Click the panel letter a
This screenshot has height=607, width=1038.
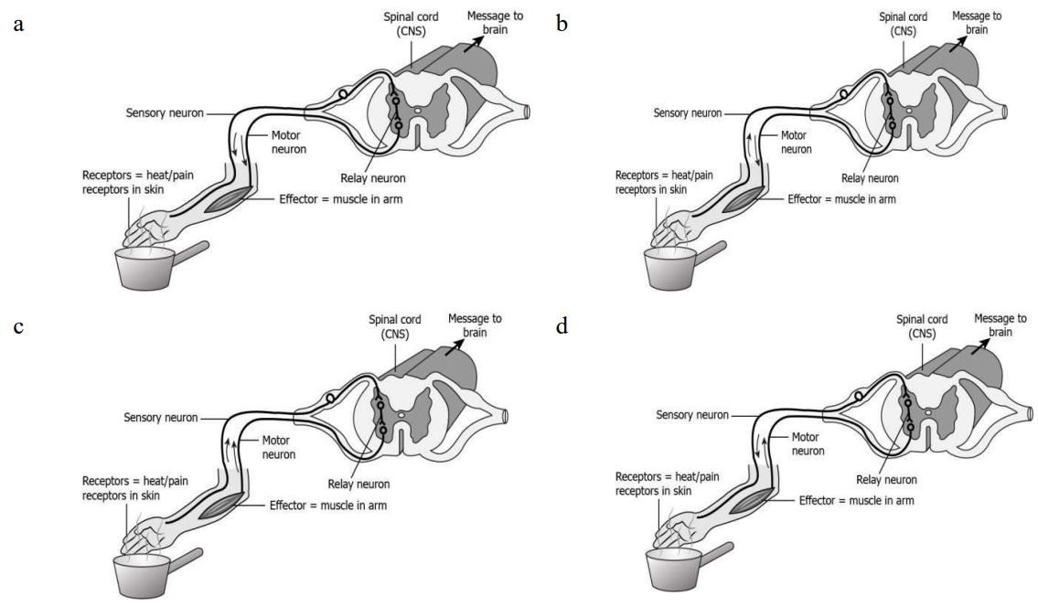(x=18, y=25)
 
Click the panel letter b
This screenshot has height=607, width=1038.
(x=562, y=25)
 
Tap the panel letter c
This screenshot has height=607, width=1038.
(x=18, y=326)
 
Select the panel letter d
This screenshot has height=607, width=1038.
(x=562, y=326)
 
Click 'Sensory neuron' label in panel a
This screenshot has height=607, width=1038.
(x=165, y=113)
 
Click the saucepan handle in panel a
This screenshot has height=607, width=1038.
(x=193, y=250)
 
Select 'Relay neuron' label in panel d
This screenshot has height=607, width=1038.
(x=885, y=478)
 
